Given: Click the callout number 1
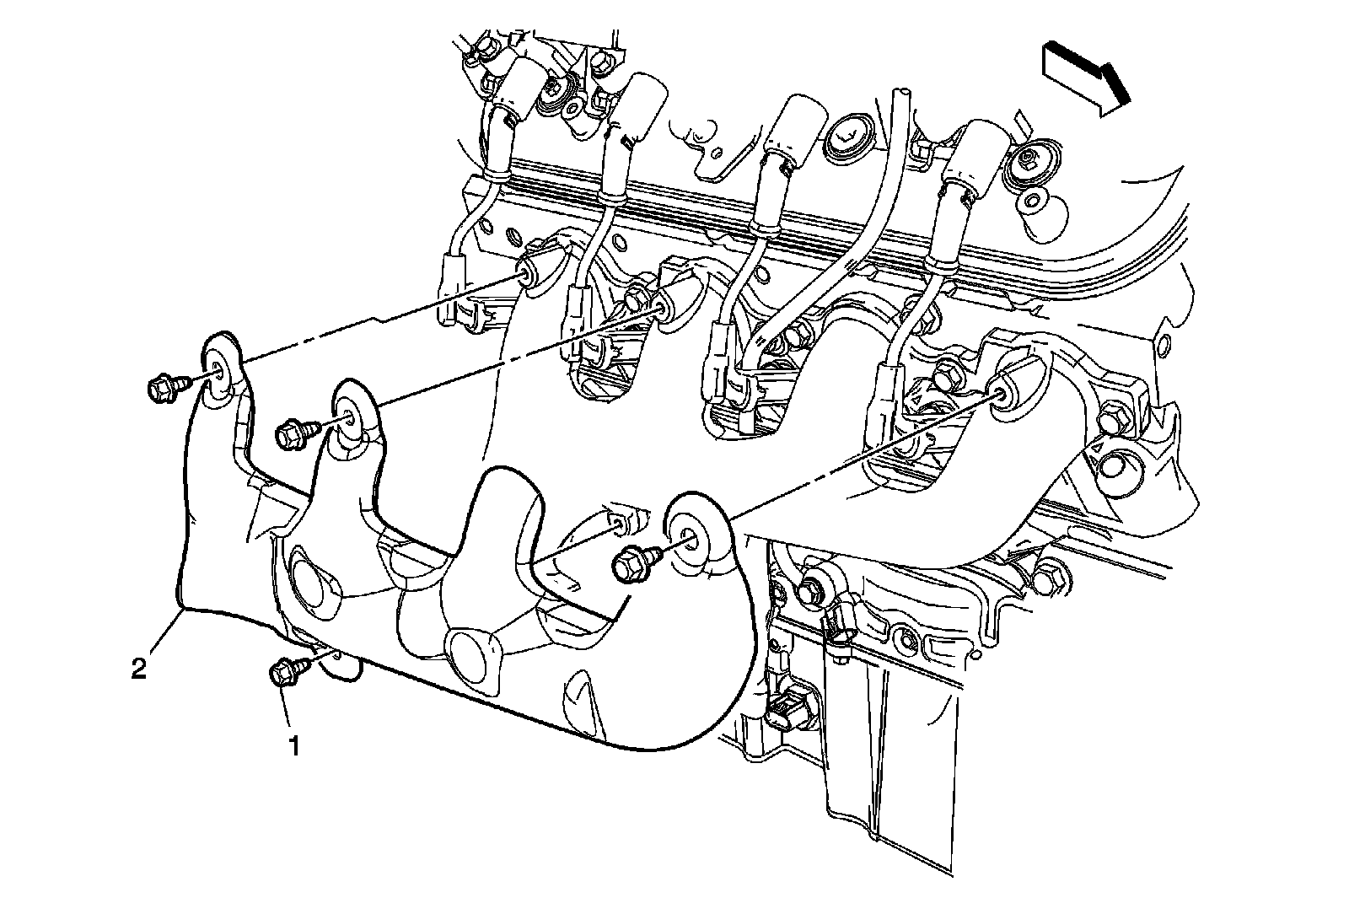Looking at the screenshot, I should pyautogui.click(x=293, y=745).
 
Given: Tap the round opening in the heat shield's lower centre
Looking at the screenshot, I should pyautogui.click(x=470, y=653).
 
